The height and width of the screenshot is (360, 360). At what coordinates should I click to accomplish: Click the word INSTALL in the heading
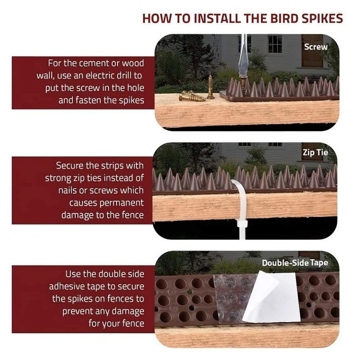pyautogui.click(x=211, y=18)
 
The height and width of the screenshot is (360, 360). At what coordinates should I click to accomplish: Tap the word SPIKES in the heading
pyautogui.click(x=321, y=18)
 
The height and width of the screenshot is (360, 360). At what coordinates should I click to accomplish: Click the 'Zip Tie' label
pyautogui.click(x=315, y=153)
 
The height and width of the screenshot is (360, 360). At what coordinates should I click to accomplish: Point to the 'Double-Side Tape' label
pyautogui.click(x=295, y=262)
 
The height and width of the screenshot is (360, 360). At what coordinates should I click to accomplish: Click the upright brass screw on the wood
pyautogui.click(x=210, y=87)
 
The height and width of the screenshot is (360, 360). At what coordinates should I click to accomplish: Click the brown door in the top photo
pyautogui.click(x=312, y=49)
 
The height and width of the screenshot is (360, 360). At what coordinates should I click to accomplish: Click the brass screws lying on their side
pyautogui.click(x=193, y=95)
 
